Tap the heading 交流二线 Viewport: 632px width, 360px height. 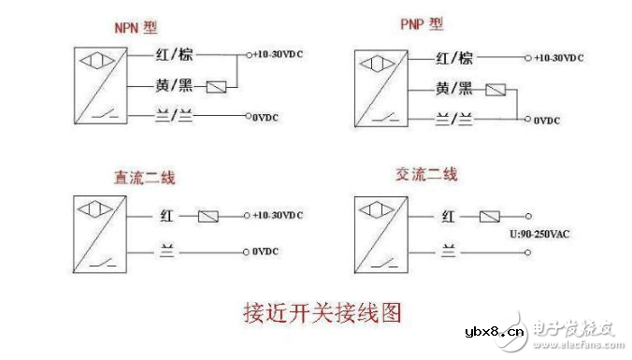[x=425, y=177]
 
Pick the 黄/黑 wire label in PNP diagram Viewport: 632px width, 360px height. [x=454, y=90]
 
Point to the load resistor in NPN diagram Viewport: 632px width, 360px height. [x=217, y=87]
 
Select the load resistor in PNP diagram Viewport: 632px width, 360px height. [x=496, y=90]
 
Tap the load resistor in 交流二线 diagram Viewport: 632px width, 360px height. [x=489, y=216]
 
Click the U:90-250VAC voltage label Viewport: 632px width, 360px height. [x=539, y=234]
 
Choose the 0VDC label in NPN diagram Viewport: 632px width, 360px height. [x=268, y=118]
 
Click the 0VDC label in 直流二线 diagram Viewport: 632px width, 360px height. [x=268, y=252]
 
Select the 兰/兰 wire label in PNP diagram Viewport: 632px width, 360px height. [x=454, y=120]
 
